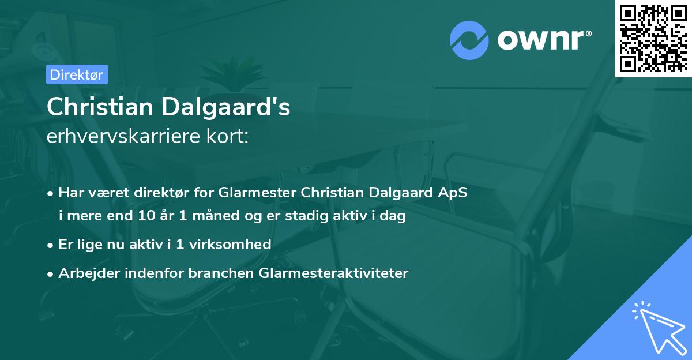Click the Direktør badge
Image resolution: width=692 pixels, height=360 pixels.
click(x=77, y=74)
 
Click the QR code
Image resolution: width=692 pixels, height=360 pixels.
click(x=653, y=38)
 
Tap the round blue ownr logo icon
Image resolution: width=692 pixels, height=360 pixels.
click(x=469, y=40)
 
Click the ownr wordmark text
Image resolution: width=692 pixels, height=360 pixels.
click(x=543, y=40)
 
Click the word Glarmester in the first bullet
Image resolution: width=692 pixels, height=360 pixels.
click(x=264, y=193)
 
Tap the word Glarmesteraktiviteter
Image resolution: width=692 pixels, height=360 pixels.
click(x=335, y=273)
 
